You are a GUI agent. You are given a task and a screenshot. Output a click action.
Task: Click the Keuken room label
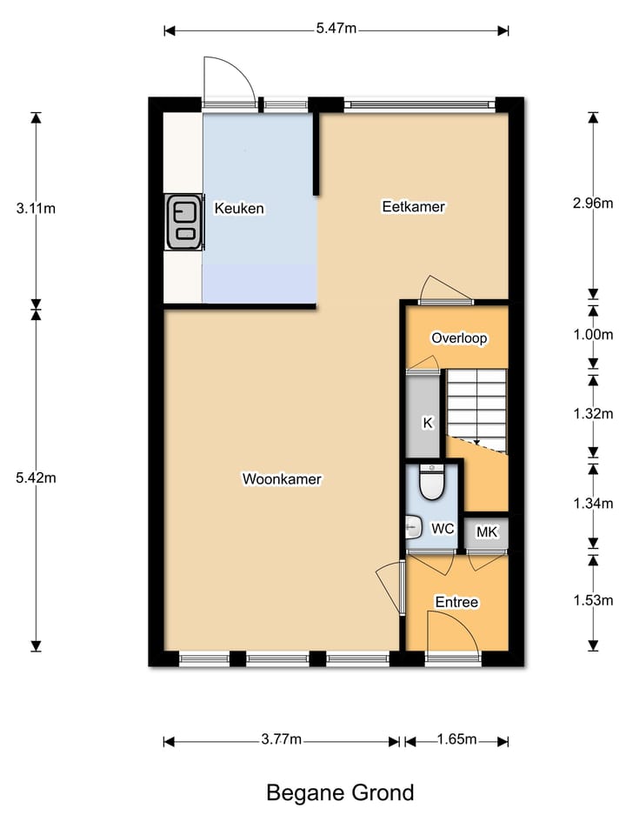(x=239, y=209)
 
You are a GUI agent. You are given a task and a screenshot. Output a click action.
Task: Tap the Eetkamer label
(x=413, y=207)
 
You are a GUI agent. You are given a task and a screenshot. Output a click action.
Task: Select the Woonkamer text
(x=283, y=479)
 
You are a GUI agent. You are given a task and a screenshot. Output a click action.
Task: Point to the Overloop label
(x=459, y=338)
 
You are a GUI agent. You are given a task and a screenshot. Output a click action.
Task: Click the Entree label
(x=456, y=602)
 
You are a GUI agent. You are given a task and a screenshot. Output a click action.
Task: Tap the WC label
(x=443, y=528)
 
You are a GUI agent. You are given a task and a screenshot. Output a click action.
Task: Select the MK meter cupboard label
(x=486, y=532)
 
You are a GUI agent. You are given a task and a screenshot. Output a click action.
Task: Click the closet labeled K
(x=427, y=424)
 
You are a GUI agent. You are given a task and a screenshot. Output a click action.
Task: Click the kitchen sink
(x=183, y=222)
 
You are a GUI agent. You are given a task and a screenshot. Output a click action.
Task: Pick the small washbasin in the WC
(x=412, y=526)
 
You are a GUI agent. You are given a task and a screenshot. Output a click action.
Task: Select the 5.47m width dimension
(x=336, y=29)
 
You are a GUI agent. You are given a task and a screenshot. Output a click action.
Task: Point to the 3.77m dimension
(x=281, y=740)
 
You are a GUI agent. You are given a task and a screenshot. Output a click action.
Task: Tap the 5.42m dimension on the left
(x=36, y=478)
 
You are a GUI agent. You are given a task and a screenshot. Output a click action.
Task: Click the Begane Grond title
(x=339, y=793)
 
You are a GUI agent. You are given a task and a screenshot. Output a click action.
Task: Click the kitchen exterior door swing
(x=229, y=80)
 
